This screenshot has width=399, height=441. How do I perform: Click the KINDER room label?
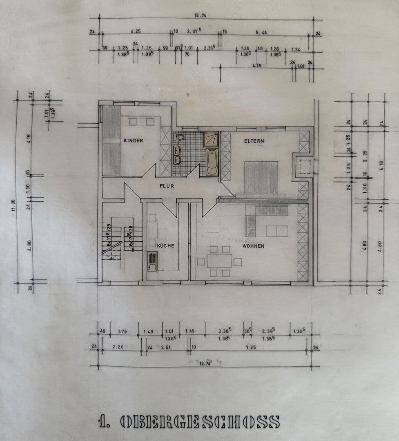coord(133,140)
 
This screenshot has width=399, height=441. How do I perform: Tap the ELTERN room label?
coord(254,141)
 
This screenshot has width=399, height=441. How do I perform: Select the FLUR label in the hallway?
coord(167,186)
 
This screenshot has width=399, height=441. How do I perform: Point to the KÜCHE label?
coord(165,246)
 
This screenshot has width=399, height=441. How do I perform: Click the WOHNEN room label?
coord(253,246)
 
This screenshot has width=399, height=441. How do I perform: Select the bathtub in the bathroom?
coord(212,162)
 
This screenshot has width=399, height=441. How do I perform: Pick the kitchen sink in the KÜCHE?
coord(152,261)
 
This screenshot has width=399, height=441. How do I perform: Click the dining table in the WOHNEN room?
coord(219,261)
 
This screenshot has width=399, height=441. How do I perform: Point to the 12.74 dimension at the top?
coord(200,16)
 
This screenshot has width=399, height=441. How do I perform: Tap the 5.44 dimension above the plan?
coord(261,32)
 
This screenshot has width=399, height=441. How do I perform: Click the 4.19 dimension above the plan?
coord(257,65)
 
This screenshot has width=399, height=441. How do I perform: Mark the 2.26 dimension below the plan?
coord(118,347)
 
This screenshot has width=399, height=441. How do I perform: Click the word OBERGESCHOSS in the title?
coord(200,421)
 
